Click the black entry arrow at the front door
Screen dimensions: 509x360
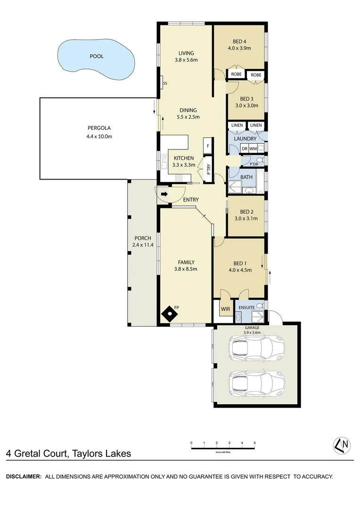click(x=164, y=194)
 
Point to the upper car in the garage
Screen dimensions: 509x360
click(x=257, y=349)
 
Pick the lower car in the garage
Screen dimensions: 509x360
click(x=257, y=383)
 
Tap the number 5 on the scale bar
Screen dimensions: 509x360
click(x=254, y=443)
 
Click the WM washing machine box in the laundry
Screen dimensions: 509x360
click(x=254, y=149)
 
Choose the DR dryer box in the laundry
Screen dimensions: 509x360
click(x=244, y=149)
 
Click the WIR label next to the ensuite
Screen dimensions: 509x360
click(x=225, y=309)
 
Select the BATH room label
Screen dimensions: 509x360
click(x=246, y=178)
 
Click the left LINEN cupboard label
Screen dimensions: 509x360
click(x=237, y=125)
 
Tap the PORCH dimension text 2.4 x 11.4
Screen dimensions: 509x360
click(x=143, y=245)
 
